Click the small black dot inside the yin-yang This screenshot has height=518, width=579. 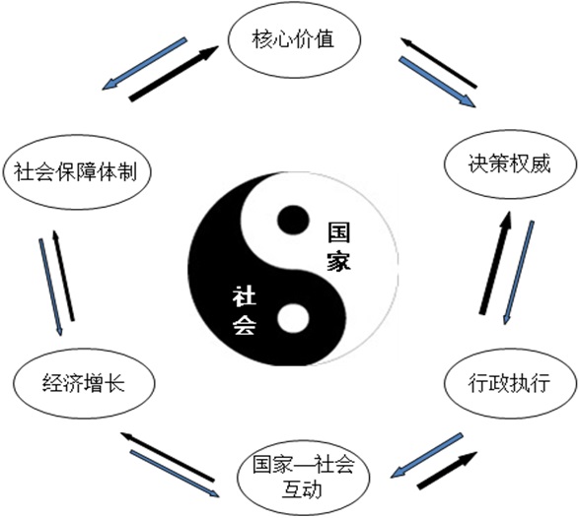tap(293, 221)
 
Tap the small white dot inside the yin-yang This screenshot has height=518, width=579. tap(293, 318)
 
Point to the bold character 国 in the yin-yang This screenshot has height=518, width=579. tap(339, 232)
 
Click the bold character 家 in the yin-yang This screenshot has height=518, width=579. tap(339, 261)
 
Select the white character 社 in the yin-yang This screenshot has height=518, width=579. tap(244, 297)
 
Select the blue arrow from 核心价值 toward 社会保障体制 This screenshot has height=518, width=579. tap(144, 63)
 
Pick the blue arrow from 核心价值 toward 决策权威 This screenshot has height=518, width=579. tap(437, 82)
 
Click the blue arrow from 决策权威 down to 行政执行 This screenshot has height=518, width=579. tap(519, 273)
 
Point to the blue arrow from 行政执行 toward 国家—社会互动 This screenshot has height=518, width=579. tap(426, 456)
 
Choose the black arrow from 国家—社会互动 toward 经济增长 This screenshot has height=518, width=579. tap(168, 456)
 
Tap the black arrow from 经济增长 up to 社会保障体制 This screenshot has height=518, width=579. tap(63, 276)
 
